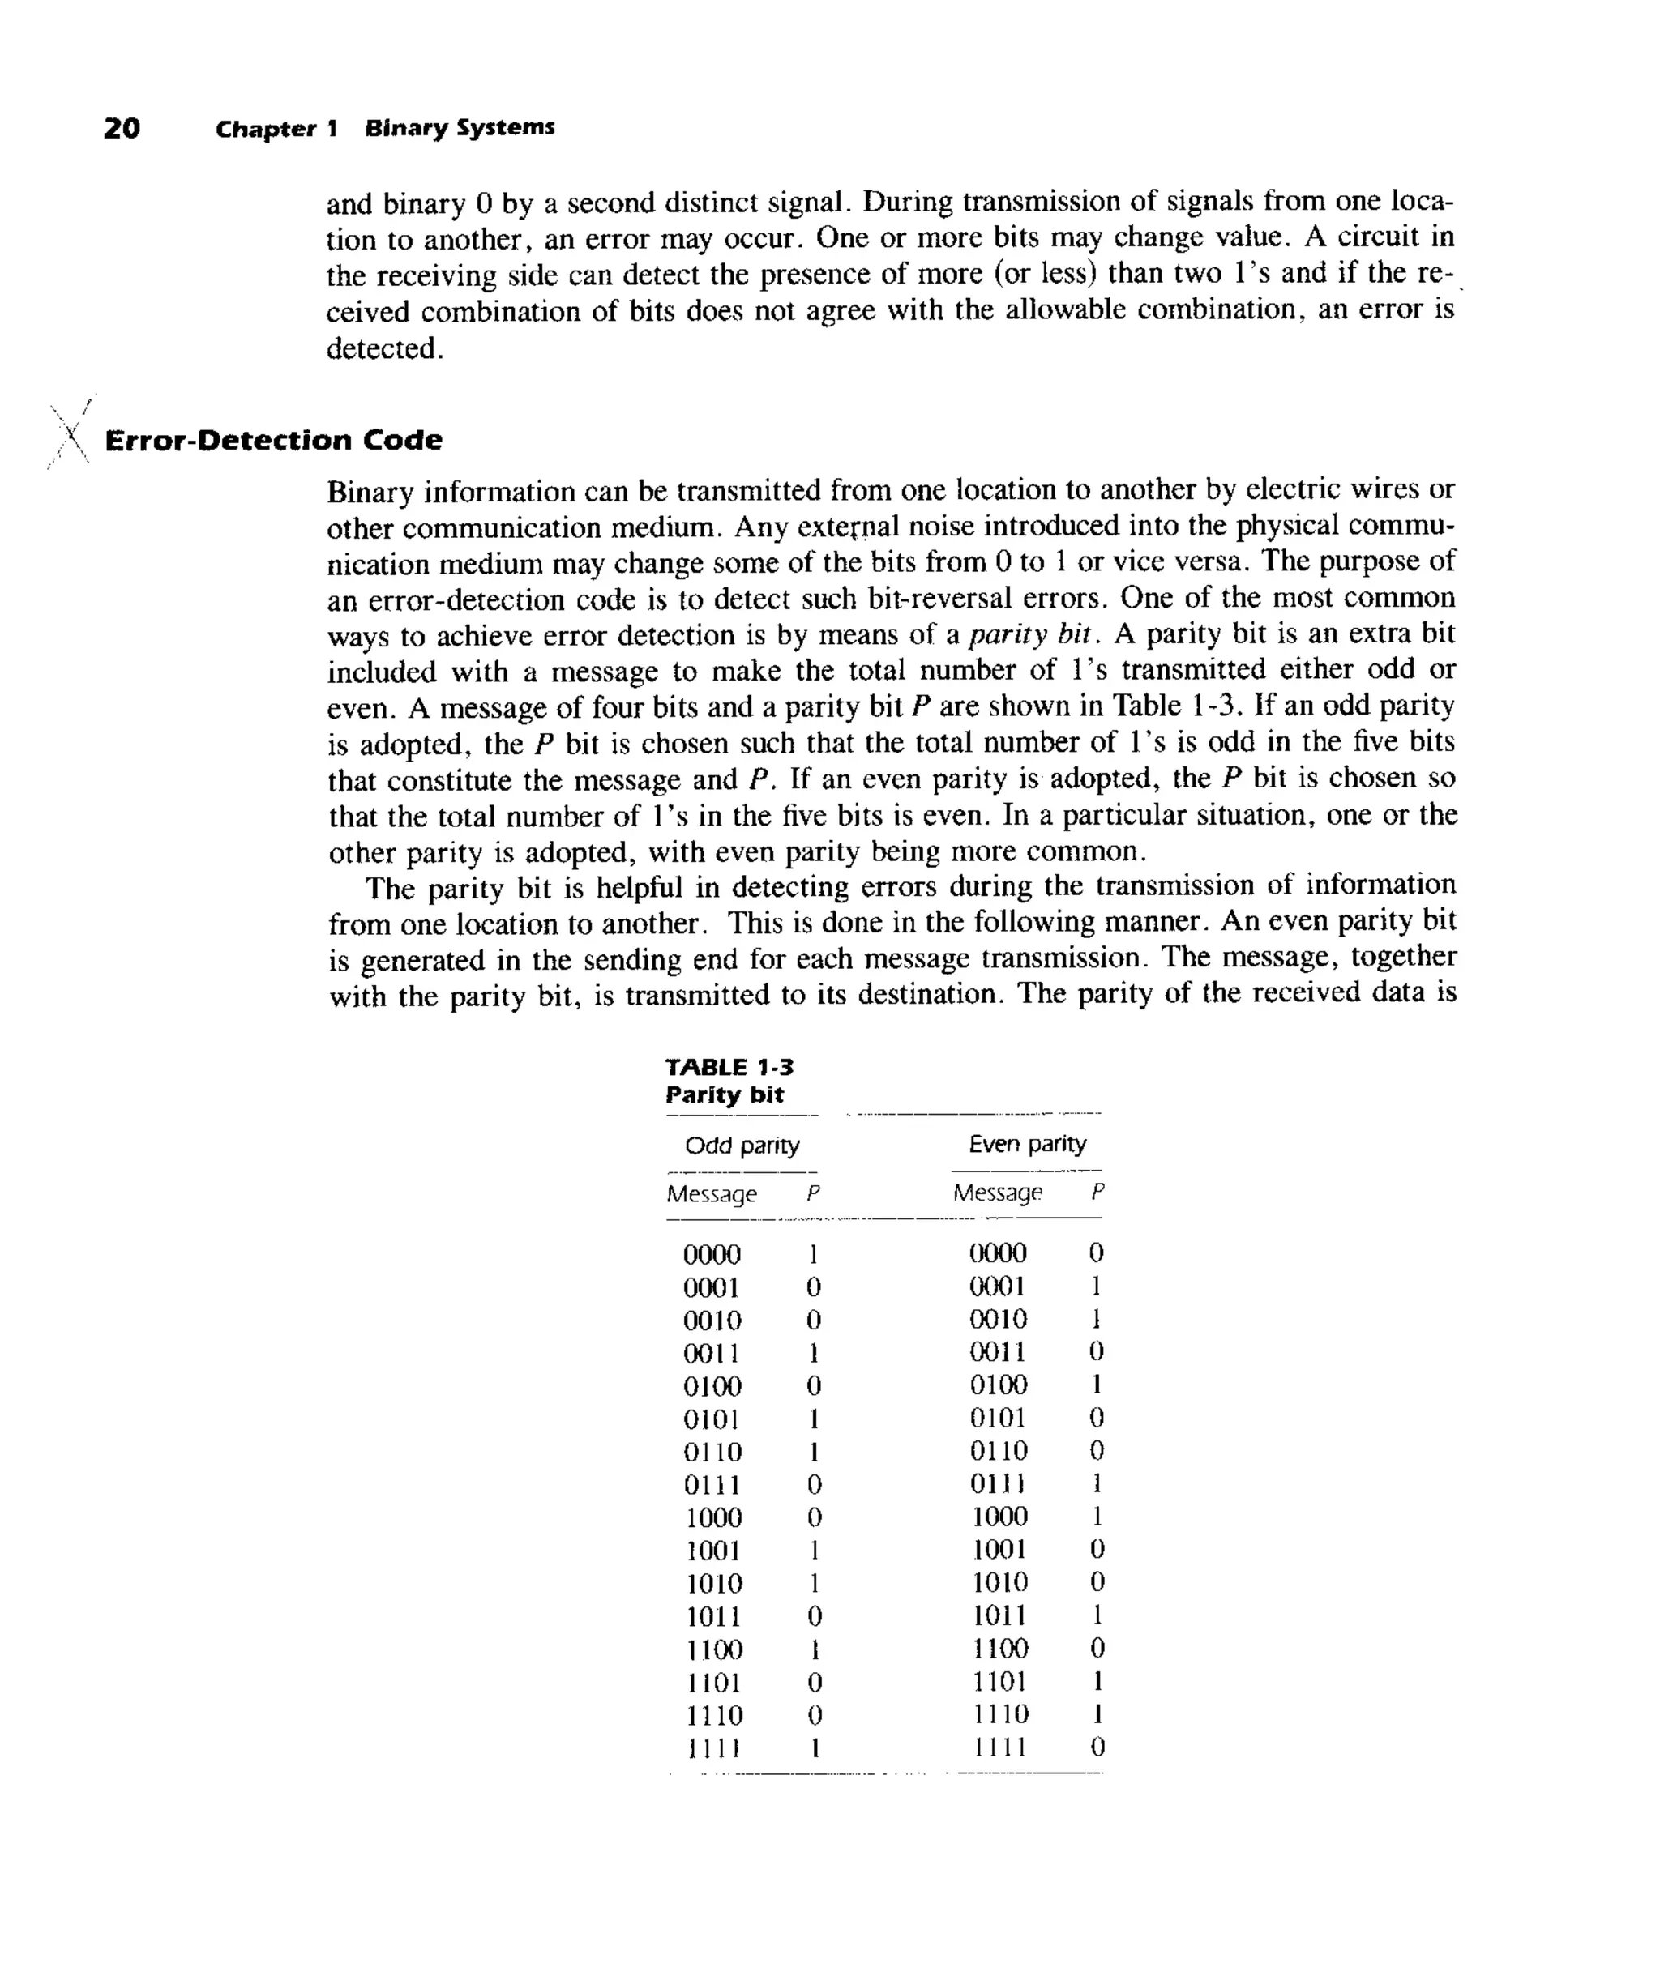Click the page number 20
pos(122,128)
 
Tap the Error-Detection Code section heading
pos(273,440)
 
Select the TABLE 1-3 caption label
pos(729,1067)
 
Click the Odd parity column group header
pos(742,1145)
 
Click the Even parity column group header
pos(1027,1144)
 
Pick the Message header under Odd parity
pos(712,1194)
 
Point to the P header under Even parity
pos(1097,1192)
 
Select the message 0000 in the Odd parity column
pos(712,1254)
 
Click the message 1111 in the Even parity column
pos(999,1747)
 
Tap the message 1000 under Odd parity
pos(712,1517)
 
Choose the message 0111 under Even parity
pos(998,1483)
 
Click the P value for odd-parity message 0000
pos(813,1254)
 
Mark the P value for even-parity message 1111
pos(1097,1747)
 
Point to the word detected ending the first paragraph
pos(382,348)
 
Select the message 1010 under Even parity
pos(999,1582)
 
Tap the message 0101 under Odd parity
pos(712,1419)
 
